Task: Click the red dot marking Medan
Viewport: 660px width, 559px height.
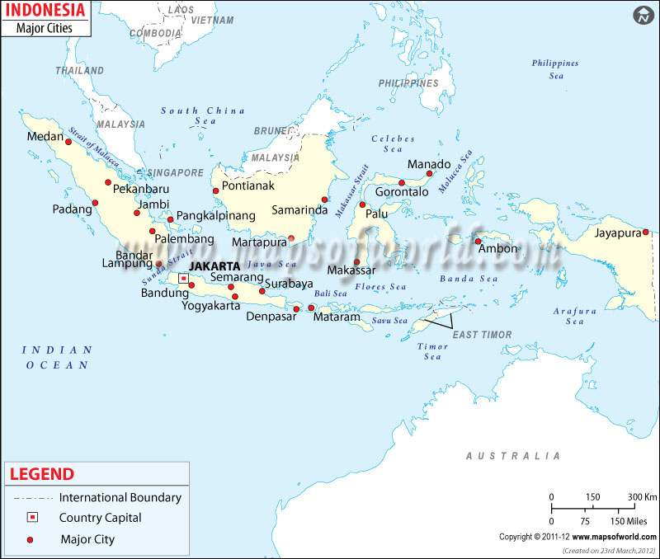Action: coord(68,142)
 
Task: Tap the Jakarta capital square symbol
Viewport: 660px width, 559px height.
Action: coord(183,279)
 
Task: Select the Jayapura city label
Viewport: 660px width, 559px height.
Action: coord(617,233)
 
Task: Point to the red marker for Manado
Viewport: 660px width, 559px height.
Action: coord(429,174)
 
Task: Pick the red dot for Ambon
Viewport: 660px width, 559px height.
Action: coord(478,242)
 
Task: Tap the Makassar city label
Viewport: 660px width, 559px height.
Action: coord(351,270)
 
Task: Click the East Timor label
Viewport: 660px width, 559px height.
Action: coord(482,335)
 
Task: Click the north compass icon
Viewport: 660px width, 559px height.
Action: coord(643,16)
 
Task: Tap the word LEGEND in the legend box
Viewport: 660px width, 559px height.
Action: coord(41,474)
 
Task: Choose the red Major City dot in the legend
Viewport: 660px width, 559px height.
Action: coord(31,540)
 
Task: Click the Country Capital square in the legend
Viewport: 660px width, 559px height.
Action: coord(31,518)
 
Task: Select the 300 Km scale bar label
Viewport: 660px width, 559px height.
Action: coord(643,496)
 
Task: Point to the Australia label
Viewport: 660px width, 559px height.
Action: coord(512,456)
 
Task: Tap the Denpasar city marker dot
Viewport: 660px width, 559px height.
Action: coord(296,309)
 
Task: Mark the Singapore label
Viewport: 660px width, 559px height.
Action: coord(174,173)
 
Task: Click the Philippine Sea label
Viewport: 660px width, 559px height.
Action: coord(554,69)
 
